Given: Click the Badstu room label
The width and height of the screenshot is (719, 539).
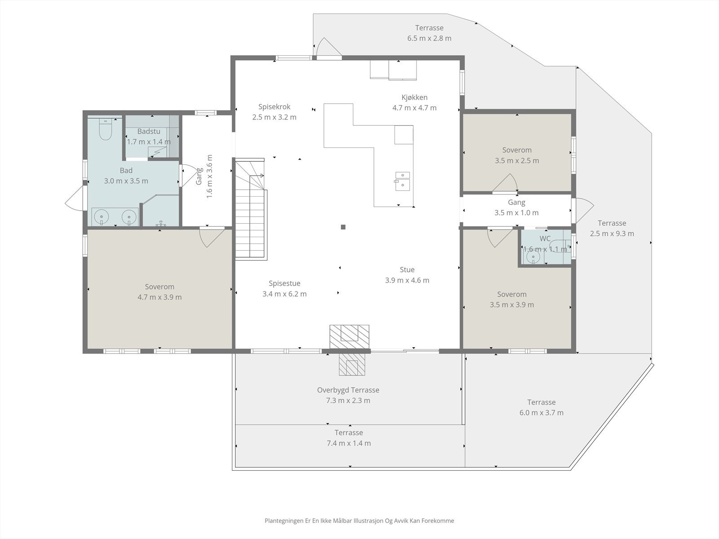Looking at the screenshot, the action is pyautogui.click(x=149, y=131).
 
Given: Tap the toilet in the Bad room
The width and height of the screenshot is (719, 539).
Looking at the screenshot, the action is pyautogui.click(x=106, y=129).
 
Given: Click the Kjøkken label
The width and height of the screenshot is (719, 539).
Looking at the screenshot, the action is pyautogui.click(x=414, y=97).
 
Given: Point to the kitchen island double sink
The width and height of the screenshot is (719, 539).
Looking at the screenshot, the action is pyautogui.click(x=403, y=181).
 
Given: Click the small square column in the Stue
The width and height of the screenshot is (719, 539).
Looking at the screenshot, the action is pyautogui.click(x=343, y=227).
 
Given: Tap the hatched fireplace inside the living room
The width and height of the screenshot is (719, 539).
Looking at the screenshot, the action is pyautogui.click(x=349, y=337).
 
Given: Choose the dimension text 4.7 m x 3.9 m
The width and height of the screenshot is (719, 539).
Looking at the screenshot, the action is pyautogui.click(x=160, y=297).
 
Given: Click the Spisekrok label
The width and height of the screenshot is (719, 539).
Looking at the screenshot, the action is pyautogui.click(x=274, y=106).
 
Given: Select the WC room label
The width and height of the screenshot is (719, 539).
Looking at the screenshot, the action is pyautogui.click(x=545, y=239).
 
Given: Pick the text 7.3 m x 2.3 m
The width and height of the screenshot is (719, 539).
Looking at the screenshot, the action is pyautogui.click(x=348, y=400).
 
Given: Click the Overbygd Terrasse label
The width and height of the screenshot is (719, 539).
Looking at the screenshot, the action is pyautogui.click(x=348, y=390).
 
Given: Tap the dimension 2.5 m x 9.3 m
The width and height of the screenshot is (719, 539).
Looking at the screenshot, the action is pyautogui.click(x=612, y=233).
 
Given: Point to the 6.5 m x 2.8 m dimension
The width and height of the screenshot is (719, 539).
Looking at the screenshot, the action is pyautogui.click(x=429, y=38).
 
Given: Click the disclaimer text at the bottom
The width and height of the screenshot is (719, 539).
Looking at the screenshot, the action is pyautogui.click(x=359, y=520).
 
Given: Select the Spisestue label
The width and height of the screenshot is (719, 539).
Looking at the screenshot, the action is pyautogui.click(x=284, y=283).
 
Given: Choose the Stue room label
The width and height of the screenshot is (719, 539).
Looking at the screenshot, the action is pyautogui.click(x=407, y=269).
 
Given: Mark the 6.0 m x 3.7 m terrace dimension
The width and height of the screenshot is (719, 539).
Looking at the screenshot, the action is pyautogui.click(x=541, y=413).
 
